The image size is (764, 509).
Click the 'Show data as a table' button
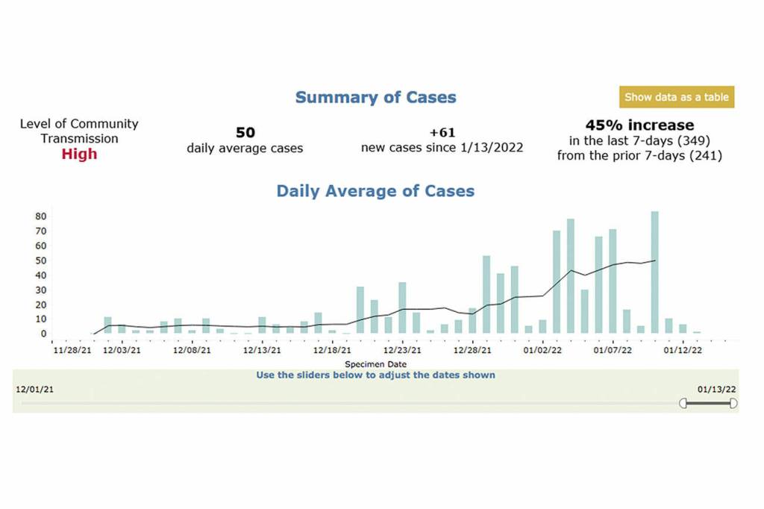point(676,97)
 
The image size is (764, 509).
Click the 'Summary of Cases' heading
point(375,97)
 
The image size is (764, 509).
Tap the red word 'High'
point(79,154)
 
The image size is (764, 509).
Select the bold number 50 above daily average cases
point(245,132)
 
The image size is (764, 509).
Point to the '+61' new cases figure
point(442,132)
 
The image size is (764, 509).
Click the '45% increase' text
point(639,125)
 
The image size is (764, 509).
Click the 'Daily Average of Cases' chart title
point(375,190)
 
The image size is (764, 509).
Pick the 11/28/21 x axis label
point(72,349)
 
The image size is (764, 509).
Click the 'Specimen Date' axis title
point(375,364)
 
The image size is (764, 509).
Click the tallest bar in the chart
point(654,272)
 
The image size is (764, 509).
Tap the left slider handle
point(683,403)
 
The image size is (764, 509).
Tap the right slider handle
point(733,403)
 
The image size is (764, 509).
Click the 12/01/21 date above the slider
point(34,389)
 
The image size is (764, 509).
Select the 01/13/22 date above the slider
point(717,389)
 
